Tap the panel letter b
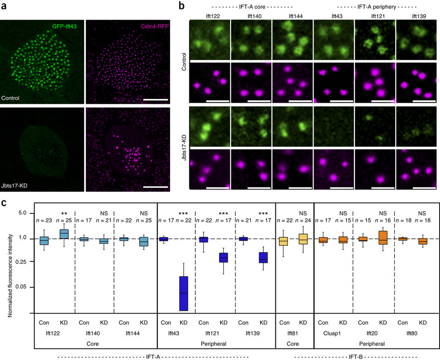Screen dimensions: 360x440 [x=182, y=6]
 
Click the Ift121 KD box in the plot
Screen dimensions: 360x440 [x=224, y=258]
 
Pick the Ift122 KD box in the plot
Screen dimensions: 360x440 [x=63, y=233]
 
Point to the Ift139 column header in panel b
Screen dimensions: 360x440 [x=416, y=16]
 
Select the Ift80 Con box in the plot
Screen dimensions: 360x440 [x=402, y=239]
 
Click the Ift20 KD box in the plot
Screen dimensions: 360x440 [x=383, y=237]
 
